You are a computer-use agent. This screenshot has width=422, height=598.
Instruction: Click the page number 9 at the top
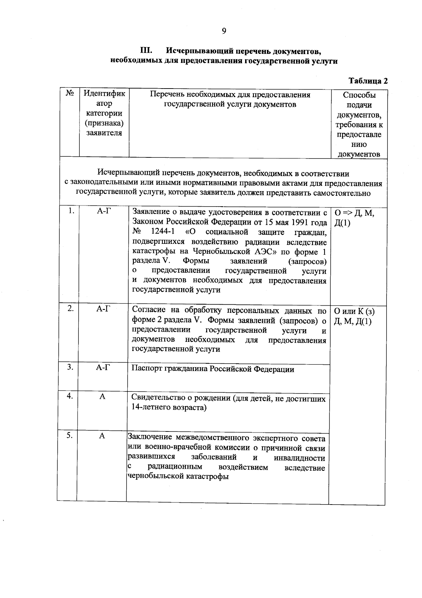(224, 31)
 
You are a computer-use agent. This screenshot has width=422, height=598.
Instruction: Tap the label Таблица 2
(368, 81)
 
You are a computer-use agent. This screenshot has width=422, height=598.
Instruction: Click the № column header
(69, 94)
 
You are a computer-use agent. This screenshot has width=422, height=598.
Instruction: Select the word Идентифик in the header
(104, 94)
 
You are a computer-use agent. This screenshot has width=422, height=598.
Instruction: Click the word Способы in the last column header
(359, 95)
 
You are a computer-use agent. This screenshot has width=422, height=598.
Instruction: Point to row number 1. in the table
(71, 211)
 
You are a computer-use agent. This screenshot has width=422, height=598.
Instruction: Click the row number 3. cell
(70, 367)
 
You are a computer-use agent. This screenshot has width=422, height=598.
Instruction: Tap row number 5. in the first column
(70, 435)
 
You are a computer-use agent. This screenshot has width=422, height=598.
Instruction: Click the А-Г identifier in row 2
(103, 308)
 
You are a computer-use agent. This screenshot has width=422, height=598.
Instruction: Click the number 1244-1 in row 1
(162, 232)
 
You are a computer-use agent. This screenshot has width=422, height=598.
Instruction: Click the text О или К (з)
(354, 311)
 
